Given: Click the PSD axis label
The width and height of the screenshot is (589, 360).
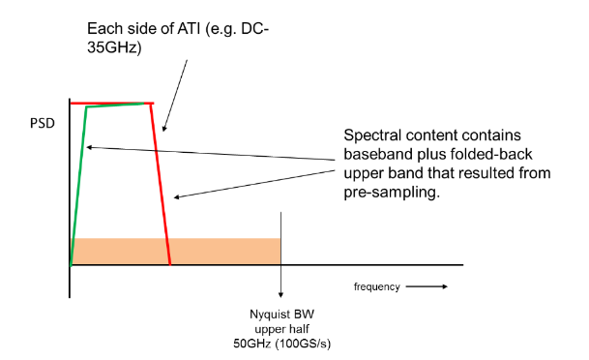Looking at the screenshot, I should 42,125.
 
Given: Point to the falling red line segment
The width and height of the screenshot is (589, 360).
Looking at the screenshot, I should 162,184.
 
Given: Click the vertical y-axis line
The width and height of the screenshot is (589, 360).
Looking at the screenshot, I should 71,194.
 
